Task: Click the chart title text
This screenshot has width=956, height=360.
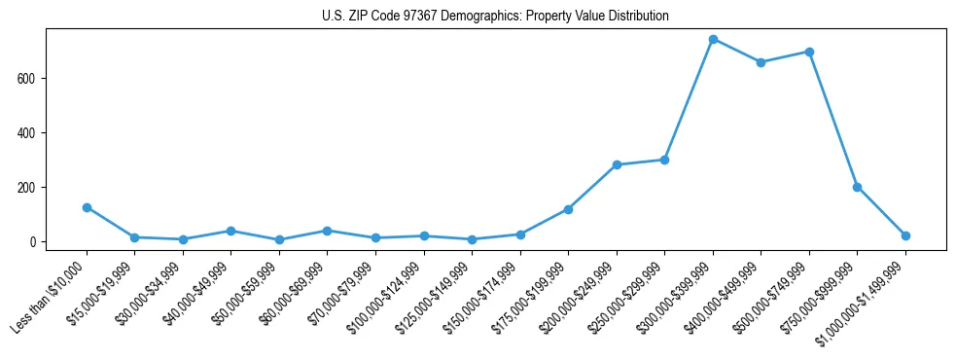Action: (x=495, y=17)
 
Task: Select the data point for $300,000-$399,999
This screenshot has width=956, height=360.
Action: (x=713, y=40)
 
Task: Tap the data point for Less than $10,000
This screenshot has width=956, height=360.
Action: (x=87, y=207)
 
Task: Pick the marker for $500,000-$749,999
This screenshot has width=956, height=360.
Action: (x=809, y=52)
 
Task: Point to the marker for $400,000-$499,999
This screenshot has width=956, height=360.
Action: (x=761, y=62)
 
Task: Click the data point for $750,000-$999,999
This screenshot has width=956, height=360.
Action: (x=857, y=187)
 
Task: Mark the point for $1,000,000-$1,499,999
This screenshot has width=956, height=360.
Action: (x=905, y=235)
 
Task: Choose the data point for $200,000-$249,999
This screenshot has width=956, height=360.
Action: (x=617, y=164)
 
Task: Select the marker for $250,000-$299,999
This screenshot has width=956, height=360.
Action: (x=664, y=160)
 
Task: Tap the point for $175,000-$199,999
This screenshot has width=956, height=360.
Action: (x=568, y=209)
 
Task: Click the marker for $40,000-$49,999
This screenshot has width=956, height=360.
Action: (x=230, y=231)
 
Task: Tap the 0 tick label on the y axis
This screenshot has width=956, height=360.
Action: (x=33, y=241)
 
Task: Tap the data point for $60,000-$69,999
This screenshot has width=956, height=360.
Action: (x=327, y=231)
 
